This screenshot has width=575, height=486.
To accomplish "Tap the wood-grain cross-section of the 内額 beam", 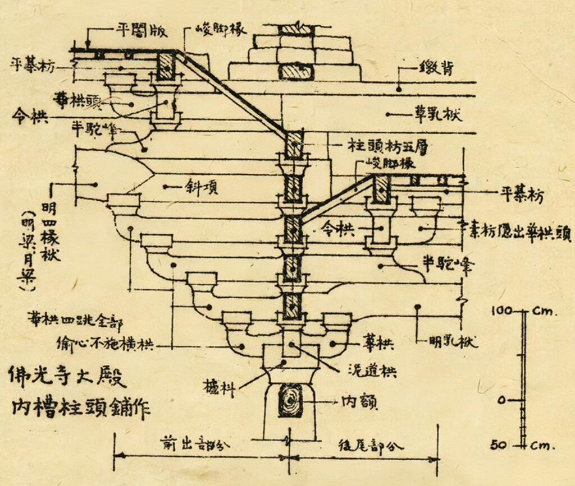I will point(291,400).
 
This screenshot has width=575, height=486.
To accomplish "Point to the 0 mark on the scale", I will point(503,400).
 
